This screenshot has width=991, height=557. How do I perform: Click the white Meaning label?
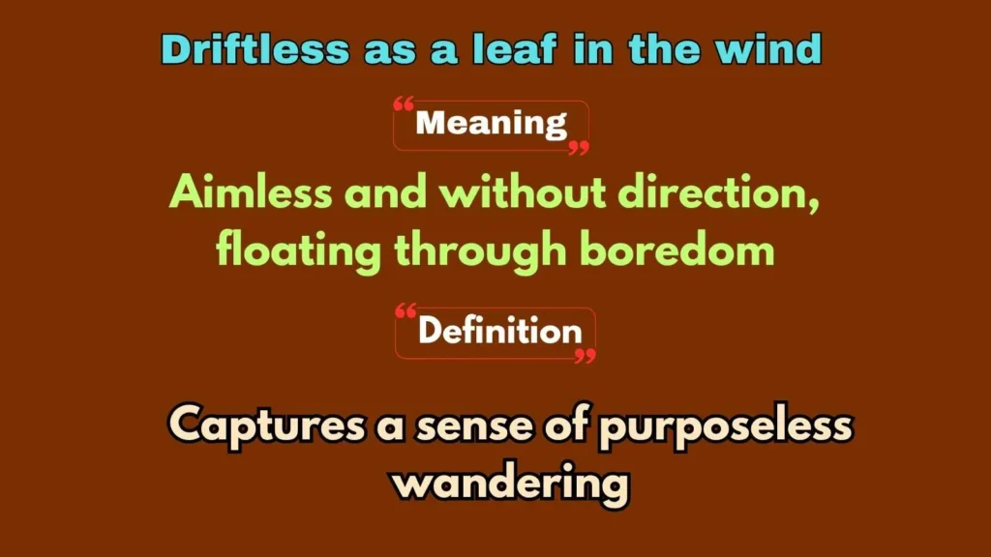click(x=491, y=124)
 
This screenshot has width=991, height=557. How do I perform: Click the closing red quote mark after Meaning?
click(x=578, y=148)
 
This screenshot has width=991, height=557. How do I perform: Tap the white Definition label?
click(x=499, y=332)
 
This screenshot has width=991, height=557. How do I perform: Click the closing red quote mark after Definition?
click(x=585, y=356)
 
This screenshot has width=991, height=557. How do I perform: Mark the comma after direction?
click(x=814, y=205)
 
